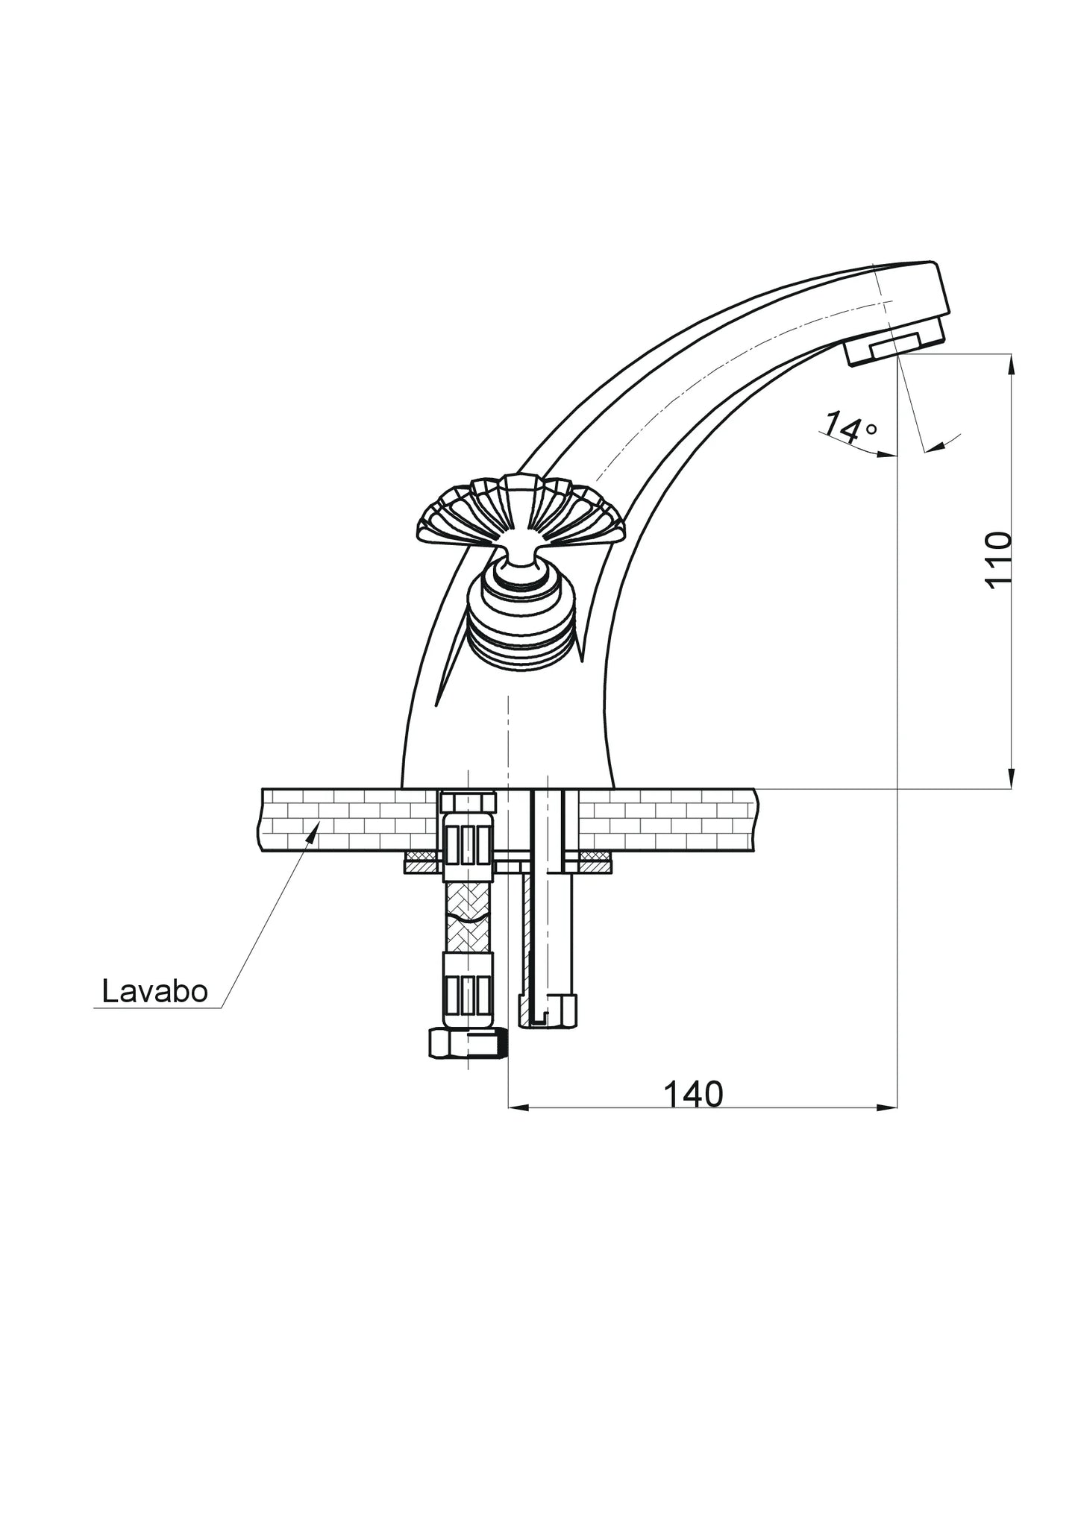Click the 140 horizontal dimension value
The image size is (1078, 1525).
click(x=693, y=1094)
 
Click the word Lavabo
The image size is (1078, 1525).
click(x=154, y=991)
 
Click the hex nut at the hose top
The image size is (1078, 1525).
click(x=468, y=803)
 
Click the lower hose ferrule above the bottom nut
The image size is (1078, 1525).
click(x=468, y=991)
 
